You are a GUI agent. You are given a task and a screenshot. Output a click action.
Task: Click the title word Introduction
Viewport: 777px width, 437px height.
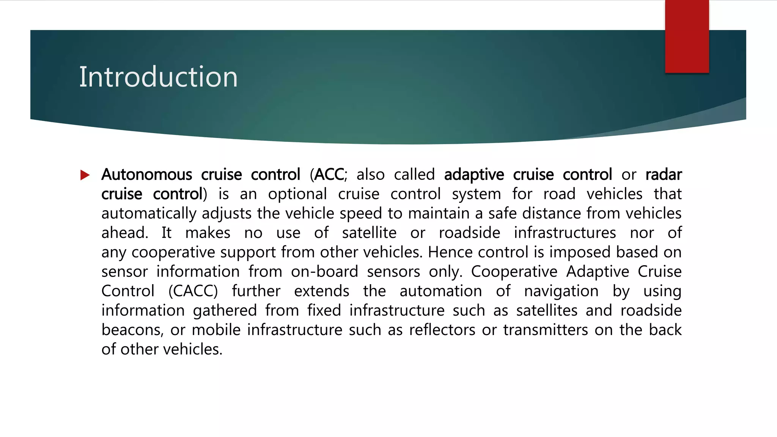(x=158, y=77)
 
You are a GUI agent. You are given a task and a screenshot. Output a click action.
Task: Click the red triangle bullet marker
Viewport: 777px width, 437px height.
(x=85, y=175)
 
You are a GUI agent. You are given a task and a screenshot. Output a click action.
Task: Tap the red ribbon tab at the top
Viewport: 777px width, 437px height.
(x=687, y=36)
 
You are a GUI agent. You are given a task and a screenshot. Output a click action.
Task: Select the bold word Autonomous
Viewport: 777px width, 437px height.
(x=146, y=175)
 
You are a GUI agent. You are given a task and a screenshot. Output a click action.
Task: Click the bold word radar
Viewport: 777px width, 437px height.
(x=663, y=175)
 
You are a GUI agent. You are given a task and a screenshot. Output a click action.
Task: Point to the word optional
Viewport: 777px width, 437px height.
(x=297, y=194)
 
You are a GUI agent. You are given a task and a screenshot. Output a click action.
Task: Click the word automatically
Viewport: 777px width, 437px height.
(x=149, y=214)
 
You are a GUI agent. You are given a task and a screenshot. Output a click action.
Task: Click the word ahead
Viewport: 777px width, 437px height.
(x=124, y=233)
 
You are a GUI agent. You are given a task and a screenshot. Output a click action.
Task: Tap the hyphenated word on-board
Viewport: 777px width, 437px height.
(x=324, y=272)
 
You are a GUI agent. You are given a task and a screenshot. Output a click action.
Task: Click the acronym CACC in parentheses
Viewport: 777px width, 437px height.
(x=193, y=291)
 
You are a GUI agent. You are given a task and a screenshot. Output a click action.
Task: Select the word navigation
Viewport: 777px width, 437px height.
(x=561, y=291)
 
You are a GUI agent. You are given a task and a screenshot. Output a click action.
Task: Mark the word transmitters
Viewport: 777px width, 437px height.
(x=546, y=330)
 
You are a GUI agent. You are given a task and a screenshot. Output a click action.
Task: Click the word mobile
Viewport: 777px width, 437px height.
(x=216, y=330)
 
